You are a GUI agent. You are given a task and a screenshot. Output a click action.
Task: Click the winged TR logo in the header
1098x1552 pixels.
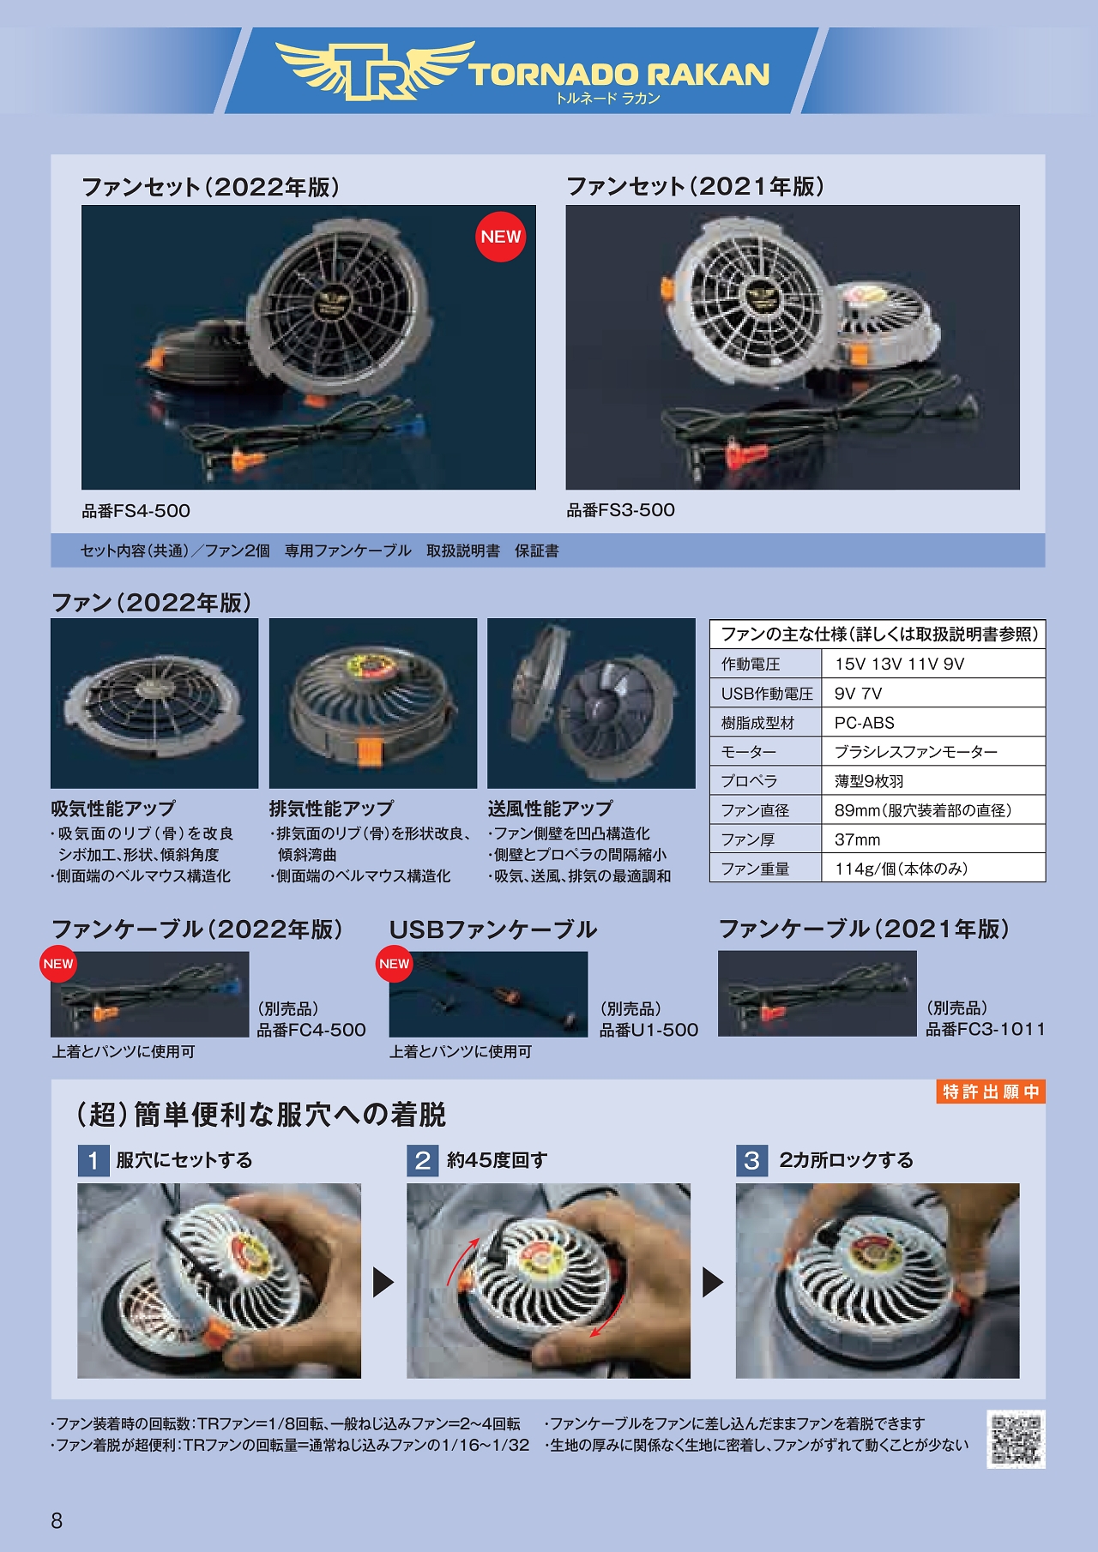pyautogui.click(x=375, y=70)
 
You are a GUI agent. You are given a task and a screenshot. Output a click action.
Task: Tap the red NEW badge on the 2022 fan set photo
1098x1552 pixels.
pyautogui.click(x=501, y=237)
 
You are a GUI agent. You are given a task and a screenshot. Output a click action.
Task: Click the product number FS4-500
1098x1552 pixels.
pyautogui.click(x=136, y=511)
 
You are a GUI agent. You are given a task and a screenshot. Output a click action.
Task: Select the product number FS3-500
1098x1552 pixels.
pyautogui.click(x=620, y=510)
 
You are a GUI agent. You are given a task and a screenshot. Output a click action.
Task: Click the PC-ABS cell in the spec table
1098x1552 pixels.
pyautogui.click(x=865, y=723)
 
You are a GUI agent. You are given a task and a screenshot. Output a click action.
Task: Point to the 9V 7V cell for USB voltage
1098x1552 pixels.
pyautogui.click(x=859, y=694)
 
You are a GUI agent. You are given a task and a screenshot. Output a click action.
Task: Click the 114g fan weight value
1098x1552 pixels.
pyautogui.click(x=902, y=869)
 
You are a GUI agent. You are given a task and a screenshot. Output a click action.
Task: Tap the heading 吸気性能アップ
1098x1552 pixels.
pyautogui.click(x=113, y=809)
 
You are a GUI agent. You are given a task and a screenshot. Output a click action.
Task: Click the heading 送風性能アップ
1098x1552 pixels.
pyautogui.click(x=551, y=809)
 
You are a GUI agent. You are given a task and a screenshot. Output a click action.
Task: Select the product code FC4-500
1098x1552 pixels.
pyautogui.click(x=311, y=1030)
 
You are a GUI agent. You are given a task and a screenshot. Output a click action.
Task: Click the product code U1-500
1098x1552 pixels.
pyautogui.click(x=649, y=1030)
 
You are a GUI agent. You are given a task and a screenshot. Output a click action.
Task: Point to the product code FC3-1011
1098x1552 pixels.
pyautogui.click(x=986, y=1029)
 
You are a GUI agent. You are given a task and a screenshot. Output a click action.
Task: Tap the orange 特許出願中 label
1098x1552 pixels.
pyautogui.click(x=991, y=1092)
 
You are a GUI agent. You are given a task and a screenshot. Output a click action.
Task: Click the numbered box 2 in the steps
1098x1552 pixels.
pyautogui.click(x=423, y=1161)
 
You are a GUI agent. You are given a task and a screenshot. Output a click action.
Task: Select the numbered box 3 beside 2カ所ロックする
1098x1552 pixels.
pyautogui.click(x=752, y=1161)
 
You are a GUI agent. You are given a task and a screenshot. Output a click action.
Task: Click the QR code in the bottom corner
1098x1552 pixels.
pyautogui.click(x=1017, y=1439)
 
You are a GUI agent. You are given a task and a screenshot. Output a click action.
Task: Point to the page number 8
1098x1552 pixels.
pyautogui.click(x=57, y=1521)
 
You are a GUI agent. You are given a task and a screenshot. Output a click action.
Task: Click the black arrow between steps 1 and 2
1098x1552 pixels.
pyautogui.click(x=383, y=1282)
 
